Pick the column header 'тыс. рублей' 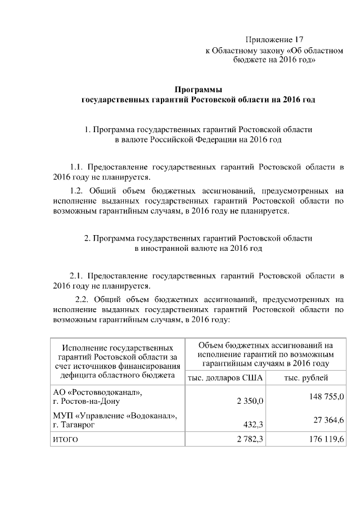(306, 379)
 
